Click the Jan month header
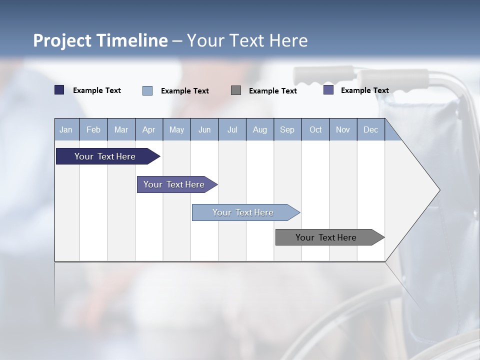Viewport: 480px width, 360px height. coord(66,129)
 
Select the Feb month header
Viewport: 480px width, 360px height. coord(93,129)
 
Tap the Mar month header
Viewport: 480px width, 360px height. coord(121,129)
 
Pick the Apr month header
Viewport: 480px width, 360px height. coord(148,129)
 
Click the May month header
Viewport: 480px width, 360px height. coord(176,129)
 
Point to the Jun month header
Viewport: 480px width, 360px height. coord(204,129)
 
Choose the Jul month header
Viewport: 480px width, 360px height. coord(232,129)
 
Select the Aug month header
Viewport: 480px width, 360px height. coord(259,129)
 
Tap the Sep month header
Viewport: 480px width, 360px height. coord(287,129)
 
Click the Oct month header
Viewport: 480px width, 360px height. coord(315,129)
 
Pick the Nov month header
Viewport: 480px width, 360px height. coord(343,129)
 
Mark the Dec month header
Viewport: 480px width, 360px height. coord(370,129)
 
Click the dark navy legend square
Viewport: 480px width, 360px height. coord(59,90)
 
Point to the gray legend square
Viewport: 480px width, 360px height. coord(236,90)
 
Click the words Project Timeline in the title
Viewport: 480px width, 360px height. coord(100,40)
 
